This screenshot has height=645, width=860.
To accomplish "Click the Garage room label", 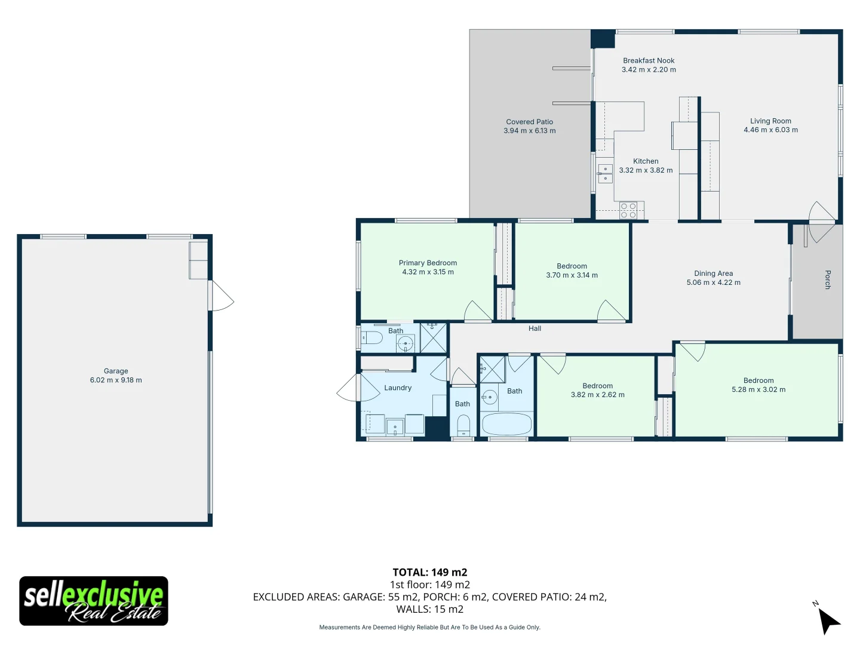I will (x=116, y=371).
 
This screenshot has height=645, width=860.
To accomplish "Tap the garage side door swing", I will (x=221, y=296).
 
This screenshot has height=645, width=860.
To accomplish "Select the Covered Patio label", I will (x=529, y=122).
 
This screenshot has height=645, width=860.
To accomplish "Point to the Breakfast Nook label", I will (x=649, y=60).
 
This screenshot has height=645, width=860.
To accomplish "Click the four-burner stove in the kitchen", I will (x=628, y=210).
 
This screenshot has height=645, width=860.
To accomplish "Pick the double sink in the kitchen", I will (x=605, y=174).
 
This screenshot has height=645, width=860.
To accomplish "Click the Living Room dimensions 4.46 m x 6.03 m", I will (x=770, y=130).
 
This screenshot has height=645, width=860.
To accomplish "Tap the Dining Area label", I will (x=713, y=274).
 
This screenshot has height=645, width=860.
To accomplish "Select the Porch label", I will (x=827, y=279).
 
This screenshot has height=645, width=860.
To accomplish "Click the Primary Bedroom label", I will (x=428, y=263).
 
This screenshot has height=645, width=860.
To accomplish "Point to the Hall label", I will (x=535, y=328).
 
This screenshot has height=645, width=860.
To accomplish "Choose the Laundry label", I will (x=398, y=388).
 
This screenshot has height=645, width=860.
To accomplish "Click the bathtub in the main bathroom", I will (x=506, y=425).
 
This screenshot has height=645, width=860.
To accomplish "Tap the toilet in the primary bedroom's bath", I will (x=372, y=339).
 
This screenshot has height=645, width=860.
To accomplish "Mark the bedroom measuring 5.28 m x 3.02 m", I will (x=758, y=385).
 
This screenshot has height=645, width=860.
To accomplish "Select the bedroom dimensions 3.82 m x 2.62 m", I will (x=597, y=395).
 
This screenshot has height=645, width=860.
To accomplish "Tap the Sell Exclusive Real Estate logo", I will (x=94, y=601).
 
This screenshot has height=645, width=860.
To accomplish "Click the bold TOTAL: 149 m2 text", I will (x=429, y=572).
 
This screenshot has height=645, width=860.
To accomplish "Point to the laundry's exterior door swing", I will (x=349, y=388).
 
